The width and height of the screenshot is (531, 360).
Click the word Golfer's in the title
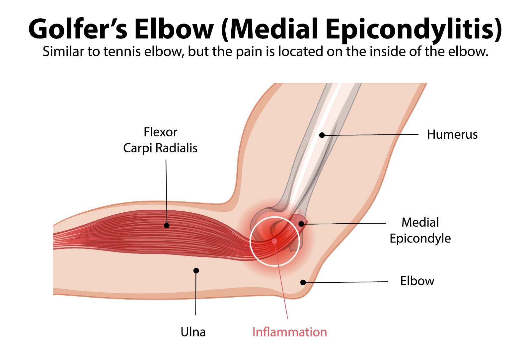click(78, 29)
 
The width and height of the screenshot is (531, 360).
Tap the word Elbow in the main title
click(174, 29)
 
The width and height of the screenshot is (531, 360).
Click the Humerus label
click(452, 134)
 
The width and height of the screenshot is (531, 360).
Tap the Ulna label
click(193, 332)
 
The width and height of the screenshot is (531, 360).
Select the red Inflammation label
click(289, 332)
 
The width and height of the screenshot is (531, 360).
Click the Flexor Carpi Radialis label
click(160, 140)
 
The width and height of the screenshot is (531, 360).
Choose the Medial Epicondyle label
click(420, 230)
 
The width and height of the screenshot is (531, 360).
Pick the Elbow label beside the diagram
click(417, 281)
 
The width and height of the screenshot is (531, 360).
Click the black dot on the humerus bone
click(322, 135)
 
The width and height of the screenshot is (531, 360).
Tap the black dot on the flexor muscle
click(167, 226)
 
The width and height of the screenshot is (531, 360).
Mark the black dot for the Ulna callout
click(196, 271)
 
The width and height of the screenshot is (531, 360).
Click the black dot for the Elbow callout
click(303, 282)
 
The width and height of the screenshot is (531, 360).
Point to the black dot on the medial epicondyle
click(301, 224)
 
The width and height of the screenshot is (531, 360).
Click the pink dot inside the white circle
click(274, 241)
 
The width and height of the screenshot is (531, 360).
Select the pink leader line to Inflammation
click(281, 282)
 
